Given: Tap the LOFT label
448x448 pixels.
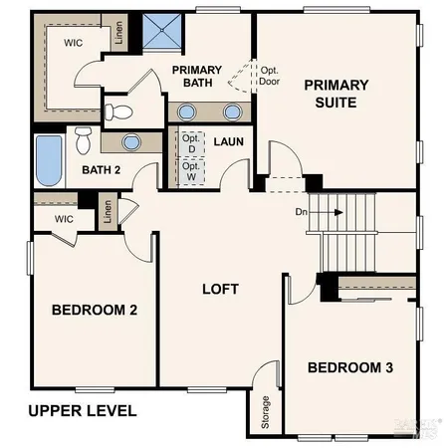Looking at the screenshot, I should point(220,290).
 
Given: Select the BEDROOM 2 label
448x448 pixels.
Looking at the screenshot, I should point(95,311).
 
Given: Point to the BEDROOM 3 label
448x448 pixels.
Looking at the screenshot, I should point(349,367).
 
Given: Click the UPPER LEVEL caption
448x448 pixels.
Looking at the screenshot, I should point(82,410).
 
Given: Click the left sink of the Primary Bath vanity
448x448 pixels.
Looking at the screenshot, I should point(188,111).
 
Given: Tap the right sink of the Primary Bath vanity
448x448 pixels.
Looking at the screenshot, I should point(233,111).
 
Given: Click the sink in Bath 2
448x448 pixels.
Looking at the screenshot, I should point(130,141).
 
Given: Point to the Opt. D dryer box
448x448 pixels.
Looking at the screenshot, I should point(190,142).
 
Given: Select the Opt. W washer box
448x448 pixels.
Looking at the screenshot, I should point(190,169).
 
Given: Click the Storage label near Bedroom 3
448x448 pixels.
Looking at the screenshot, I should point(266,411).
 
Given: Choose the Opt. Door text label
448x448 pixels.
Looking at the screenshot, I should point(270,76).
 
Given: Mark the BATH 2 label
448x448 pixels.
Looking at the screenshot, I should point(101,169).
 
